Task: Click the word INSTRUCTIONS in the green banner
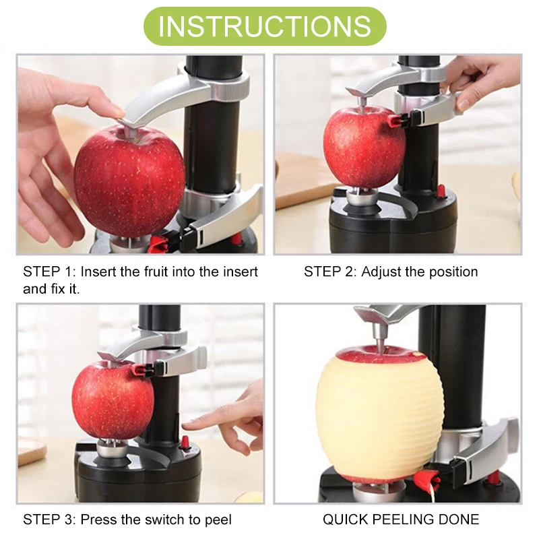(265, 26)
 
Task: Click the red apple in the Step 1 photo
(130, 181)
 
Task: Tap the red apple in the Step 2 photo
(364, 147)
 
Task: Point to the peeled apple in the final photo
(379, 412)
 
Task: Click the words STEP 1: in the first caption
(49, 272)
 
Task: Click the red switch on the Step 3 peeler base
(185, 443)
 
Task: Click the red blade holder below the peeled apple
(427, 478)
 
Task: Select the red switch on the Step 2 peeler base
(441, 191)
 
